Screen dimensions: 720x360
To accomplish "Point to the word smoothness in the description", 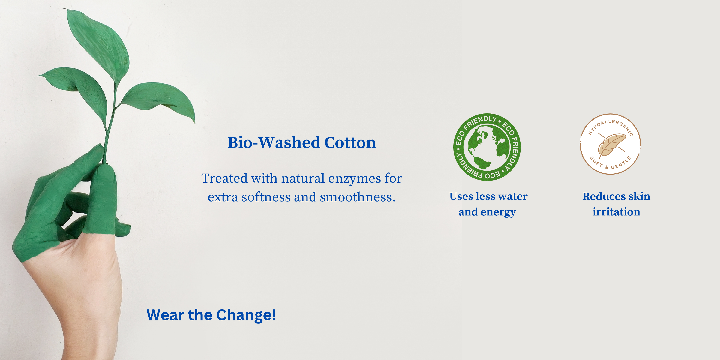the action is coord(358,197).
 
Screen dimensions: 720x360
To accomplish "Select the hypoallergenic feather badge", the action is coord(610,144).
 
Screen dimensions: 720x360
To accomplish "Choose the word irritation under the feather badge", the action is coord(616,212).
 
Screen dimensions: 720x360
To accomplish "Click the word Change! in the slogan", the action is coord(246,315).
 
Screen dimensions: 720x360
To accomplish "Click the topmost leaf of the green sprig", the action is coord(98,45).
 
